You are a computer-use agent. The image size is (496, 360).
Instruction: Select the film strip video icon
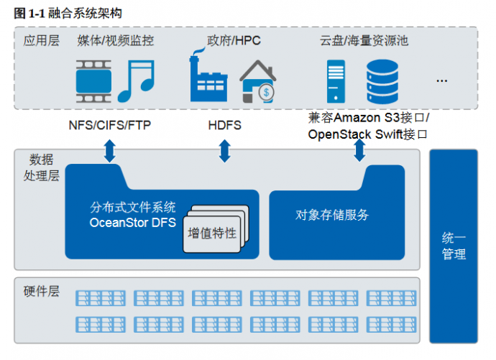[x=94, y=80]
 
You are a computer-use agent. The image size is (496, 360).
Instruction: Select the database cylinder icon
[x=381, y=80]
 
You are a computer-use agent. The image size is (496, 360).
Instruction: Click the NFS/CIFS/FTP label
[x=110, y=125]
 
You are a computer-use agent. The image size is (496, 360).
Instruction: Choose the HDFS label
[x=224, y=125]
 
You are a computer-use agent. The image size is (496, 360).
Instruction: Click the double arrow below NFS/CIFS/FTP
[x=110, y=151]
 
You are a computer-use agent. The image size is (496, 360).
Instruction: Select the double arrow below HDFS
[x=224, y=151]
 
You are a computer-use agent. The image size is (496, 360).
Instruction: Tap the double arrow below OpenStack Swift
[x=359, y=151]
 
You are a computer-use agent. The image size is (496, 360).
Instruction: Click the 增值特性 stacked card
[x=213, y=234]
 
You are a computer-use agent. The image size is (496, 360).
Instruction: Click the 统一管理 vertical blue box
[x=454, y=246]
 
